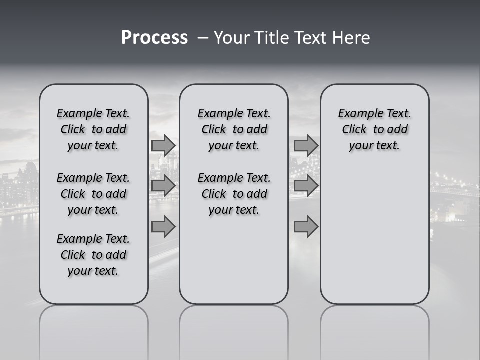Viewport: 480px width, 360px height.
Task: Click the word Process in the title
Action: click(x=154, y=38)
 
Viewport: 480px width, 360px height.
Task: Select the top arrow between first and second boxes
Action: click(x=163, y=145)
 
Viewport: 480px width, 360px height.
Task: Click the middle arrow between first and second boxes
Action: click(x=163, y=186)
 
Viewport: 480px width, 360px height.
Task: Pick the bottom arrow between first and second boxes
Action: click(x=163, y=227)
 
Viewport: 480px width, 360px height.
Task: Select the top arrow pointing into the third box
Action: click(x=306, y=145)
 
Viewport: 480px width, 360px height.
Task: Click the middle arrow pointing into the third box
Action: click(x=306, y=186)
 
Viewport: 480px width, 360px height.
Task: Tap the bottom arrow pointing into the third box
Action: click(x=306, y=227)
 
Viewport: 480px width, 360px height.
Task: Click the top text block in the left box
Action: click(x=93, y=129)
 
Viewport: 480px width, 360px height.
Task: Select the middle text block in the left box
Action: click(x=93, y=194)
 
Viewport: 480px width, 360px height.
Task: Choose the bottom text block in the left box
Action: click(x=93, y=255)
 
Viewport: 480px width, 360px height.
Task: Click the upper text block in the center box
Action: click(x=234, y=129)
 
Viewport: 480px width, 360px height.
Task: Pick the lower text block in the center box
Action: click(x=234, y=194)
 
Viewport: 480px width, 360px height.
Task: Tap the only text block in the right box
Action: click(x=374, y=129)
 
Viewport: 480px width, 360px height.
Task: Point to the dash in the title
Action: click(x=203, y=38)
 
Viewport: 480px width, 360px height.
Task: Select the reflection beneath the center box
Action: click(x=234, y=330)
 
